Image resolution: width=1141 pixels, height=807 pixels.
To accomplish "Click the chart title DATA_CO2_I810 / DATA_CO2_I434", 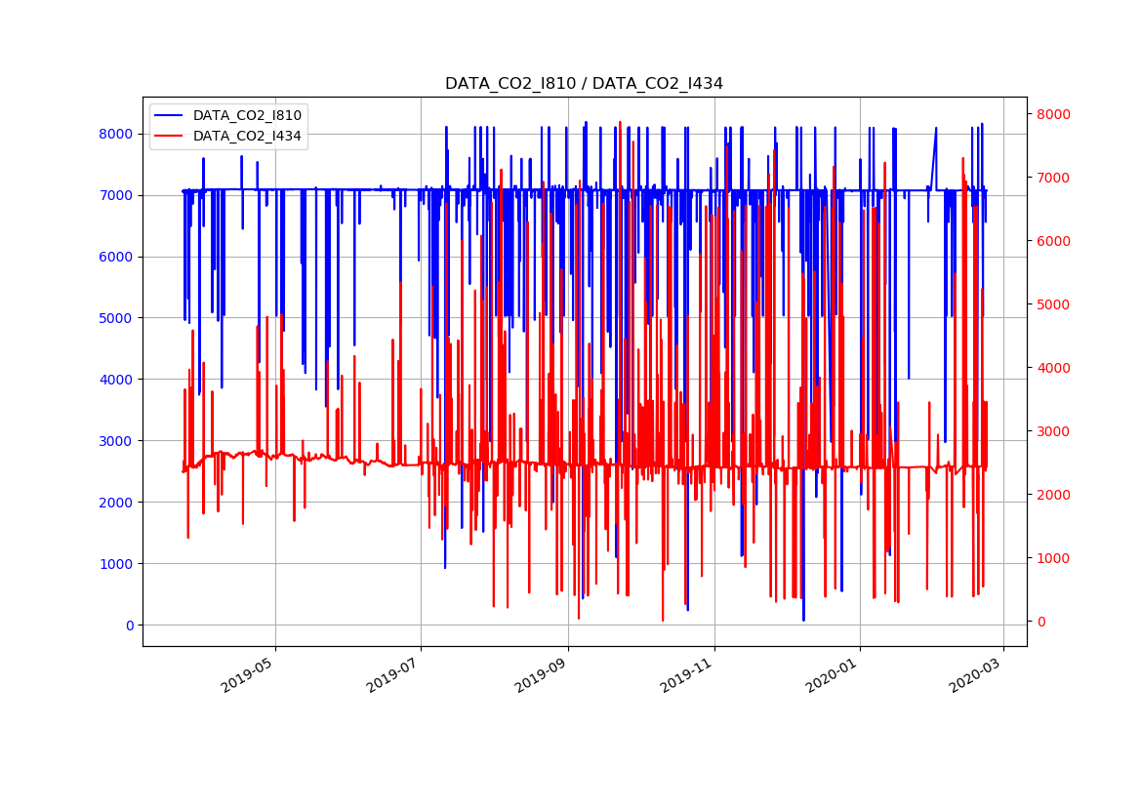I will (x=584, y=84).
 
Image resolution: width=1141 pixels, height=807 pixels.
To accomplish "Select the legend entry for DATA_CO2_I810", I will (x=247, y=115).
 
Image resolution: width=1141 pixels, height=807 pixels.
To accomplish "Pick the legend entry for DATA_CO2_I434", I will (x=247, y=136).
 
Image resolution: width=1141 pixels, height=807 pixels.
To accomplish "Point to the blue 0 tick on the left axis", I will (x=130, y=625).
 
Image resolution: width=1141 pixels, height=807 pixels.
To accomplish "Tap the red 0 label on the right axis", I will (x=1039, y=622).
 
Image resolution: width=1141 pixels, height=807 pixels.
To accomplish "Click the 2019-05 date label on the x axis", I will (x=250, y=673).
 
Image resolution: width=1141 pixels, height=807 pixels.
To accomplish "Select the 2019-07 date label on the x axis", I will (x=395, y=673).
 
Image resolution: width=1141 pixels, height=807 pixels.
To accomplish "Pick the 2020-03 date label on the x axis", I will (x=978, y=673).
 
